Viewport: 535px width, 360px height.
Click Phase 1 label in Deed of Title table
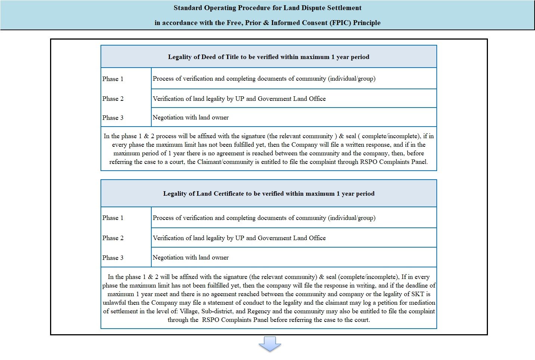pos(113,79)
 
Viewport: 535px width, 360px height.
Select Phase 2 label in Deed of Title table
pos(113,99)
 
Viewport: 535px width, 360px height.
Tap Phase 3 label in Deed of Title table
pos(113,118)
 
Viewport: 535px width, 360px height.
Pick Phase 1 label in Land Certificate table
pos(113,218)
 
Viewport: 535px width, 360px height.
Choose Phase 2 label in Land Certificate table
pos(113,238)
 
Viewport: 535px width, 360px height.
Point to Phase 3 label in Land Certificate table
pos(113,258)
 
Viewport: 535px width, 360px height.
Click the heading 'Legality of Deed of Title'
pos(268,57)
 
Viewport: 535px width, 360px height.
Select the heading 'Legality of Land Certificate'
pos(268,193)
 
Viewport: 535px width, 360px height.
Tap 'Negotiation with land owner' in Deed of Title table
pos(191,117)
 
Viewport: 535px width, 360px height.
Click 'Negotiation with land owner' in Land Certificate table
pos(191,257)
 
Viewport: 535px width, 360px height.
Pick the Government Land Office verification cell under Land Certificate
pos(239,238)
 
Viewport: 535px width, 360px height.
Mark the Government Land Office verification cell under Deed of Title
pos(239,99)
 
